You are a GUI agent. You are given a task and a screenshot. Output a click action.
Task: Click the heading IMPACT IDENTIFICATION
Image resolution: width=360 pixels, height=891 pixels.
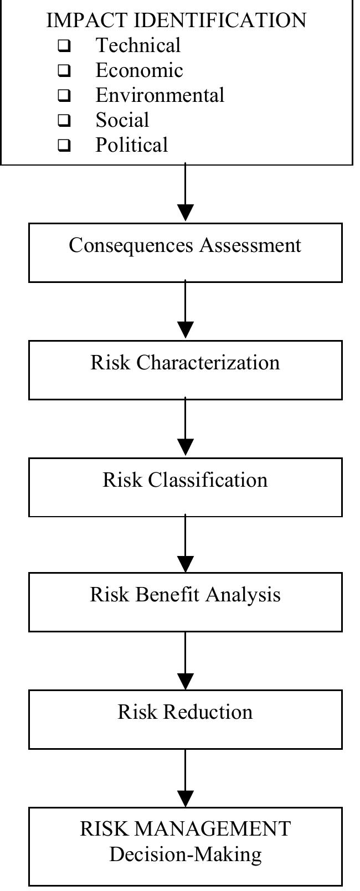click(x=176, y=20)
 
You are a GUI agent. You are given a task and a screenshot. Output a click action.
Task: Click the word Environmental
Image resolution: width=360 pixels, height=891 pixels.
click(x=160, y=95)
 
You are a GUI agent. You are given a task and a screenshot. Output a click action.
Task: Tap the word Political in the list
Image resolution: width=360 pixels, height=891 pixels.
click(x=131, y=145)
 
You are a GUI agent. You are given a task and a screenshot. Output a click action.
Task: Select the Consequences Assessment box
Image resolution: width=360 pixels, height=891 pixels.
click(x=185, y=253)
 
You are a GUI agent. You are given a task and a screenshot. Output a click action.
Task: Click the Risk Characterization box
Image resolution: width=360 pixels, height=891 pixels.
click(x=185, y=369)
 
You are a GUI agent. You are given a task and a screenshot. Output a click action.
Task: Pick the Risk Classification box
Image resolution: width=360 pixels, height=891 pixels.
click(x=185, y=487)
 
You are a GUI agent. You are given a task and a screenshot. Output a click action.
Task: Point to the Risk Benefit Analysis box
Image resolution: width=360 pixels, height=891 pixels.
click(x=185, y=602)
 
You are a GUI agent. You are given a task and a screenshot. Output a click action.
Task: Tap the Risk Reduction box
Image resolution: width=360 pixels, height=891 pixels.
click(x=185, y=719)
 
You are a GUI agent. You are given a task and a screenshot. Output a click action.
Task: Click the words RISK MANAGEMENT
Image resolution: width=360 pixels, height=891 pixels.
click(x=185, y=829)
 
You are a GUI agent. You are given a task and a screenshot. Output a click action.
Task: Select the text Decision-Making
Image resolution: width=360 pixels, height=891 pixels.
click(x=185, y=854)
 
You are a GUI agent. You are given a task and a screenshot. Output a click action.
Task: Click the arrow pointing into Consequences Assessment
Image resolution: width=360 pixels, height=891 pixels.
click(x=185, y=194)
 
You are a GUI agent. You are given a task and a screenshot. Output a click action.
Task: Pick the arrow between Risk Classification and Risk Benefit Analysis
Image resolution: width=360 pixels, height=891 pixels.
click(x=185, y=545)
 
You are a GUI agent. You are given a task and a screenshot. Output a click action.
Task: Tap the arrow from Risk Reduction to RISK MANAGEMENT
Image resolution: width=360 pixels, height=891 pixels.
click(x=185, y=778)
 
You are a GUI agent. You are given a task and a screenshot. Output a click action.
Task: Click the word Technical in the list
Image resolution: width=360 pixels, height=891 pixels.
click(x=138, y=45)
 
